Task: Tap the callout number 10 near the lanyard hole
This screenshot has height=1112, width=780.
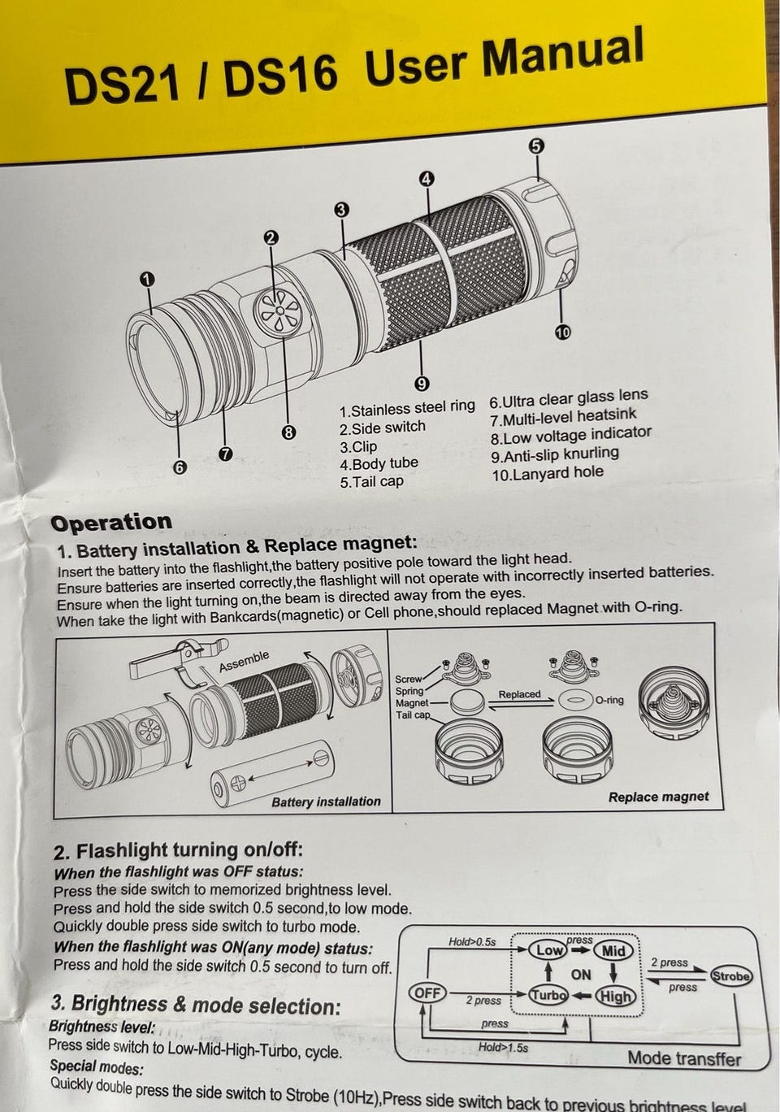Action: point(561,332)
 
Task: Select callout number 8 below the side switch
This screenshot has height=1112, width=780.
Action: point(288,433)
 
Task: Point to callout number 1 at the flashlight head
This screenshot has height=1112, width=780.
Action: point(147,280)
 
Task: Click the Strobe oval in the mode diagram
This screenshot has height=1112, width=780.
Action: point(731,975)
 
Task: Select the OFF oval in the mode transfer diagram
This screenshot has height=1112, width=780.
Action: point(427,993)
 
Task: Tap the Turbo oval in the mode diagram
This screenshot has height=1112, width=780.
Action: point(548,994)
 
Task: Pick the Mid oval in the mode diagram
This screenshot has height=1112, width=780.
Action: point(613,951)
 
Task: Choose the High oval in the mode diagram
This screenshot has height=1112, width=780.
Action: point(615,996)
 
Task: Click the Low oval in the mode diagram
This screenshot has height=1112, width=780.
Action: point(548,949)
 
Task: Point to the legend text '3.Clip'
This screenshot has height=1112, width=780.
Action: point(357,447)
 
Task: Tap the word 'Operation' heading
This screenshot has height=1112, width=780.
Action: point(111,523)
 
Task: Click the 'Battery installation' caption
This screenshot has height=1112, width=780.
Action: point(326,801)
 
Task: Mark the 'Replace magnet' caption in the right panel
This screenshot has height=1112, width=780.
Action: point(658,797)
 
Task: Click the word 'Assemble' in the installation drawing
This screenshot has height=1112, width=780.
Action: point(244,661)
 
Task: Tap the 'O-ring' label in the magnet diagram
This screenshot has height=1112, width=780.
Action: point(609,701)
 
